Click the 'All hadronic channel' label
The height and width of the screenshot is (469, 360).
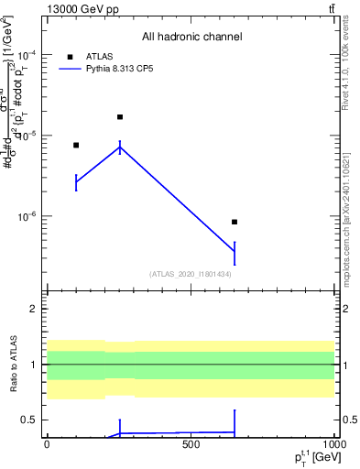[x=191, y=38]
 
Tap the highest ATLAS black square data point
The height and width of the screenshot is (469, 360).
[x=120, y=117]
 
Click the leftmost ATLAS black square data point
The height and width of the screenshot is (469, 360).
[x=76, y=145]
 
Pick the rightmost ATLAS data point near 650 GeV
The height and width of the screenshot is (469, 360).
[x=235, y=222]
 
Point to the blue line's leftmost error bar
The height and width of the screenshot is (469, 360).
[x=76, y=182]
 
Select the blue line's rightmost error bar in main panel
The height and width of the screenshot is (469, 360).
[x=235, y=251]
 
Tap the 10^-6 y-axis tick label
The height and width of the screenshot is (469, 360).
[x=27, y=217]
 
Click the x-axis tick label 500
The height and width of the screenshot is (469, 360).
[x=191, y=444]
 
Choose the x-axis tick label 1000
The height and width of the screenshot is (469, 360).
[x=333, y=444]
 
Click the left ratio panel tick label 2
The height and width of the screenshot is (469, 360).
[x=33, y=309]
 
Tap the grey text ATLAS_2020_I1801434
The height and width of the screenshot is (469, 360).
[x=191, y=274]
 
